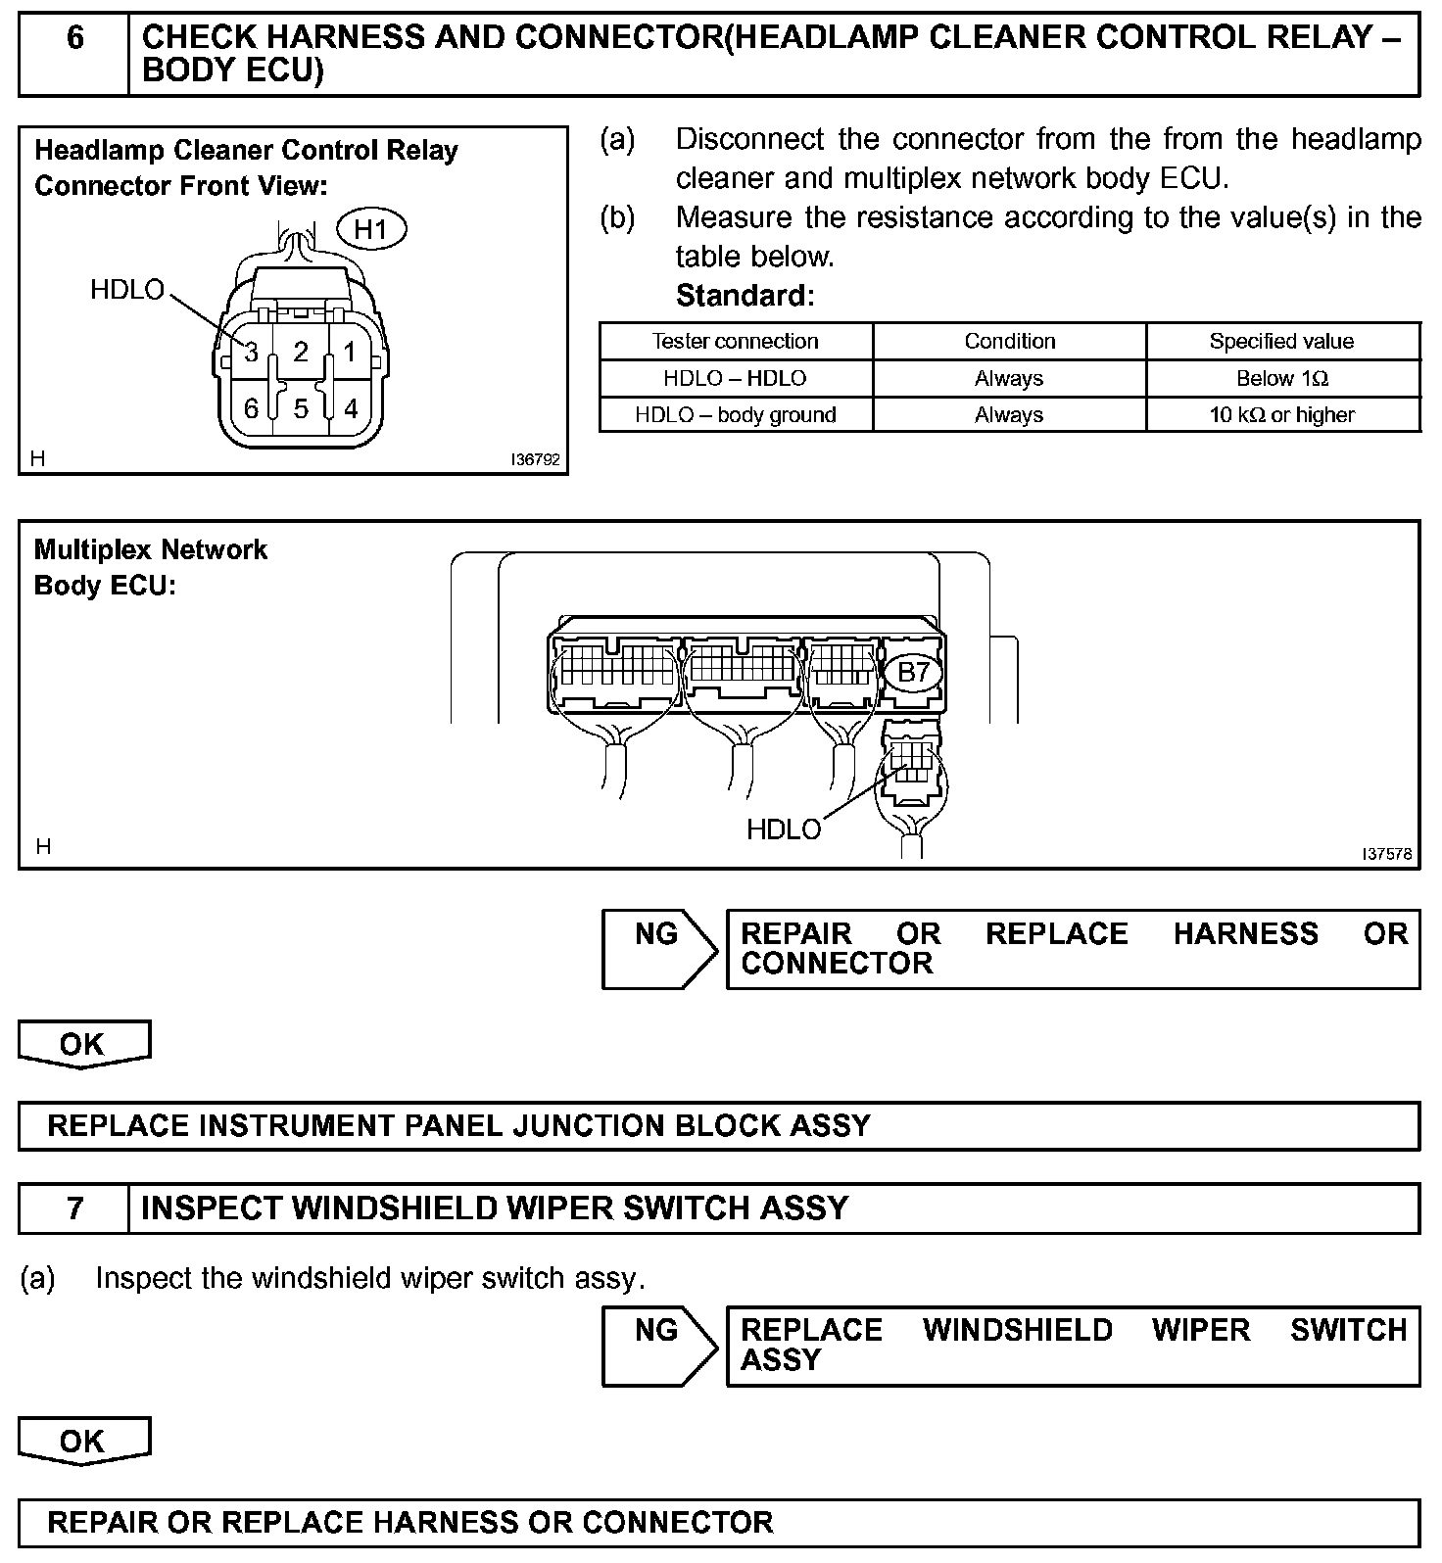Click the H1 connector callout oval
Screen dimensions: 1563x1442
[x=371, y=230]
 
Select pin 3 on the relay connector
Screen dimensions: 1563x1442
[x=252, y=352]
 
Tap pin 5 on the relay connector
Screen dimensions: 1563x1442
[x=301, y=407]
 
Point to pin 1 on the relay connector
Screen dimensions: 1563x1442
[x=350, y=352]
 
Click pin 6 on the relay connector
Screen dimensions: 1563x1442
[x=252, y=407]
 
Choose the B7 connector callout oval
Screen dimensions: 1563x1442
[x=913, y=672]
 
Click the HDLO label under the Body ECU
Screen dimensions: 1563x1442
[x=784, y=829]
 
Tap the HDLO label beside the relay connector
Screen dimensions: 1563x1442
[x=127, y=290]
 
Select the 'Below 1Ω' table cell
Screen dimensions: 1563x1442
[x=1281, y=378]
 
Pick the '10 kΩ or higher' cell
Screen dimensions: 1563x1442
[x=1281, y=414]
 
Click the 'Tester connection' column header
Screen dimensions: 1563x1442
[x=735, y=341]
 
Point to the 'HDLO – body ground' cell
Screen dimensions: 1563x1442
[x=735, y=414]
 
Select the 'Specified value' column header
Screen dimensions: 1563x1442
[x=1281, y=341]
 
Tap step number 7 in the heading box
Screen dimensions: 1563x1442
[x=75, y=1208]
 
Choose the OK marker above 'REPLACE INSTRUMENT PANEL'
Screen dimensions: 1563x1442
[x=83, y=1044]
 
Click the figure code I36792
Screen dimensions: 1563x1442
[x=535, y=458]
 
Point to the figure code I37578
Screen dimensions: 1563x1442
[x=1387, y=853]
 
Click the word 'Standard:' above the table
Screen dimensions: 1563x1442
[x=745, y=295]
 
